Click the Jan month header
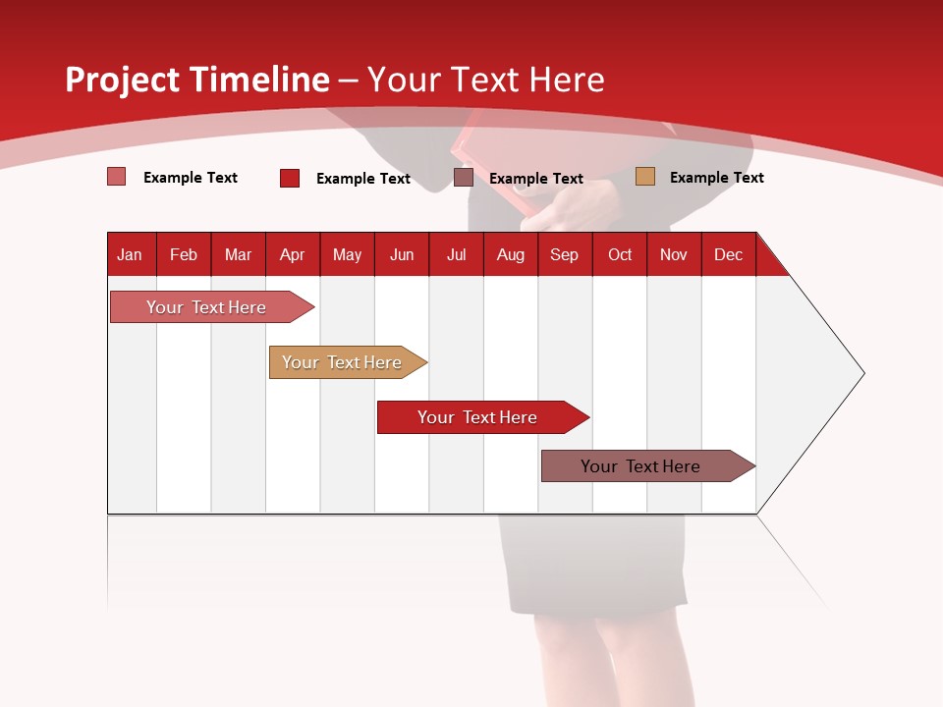[x=131, y=254]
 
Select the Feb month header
[x=184, y=254]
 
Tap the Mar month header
[x=238, y=254]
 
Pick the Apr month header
[x=293, y=254]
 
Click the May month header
[x=347, y=254]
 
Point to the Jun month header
[x=402, y=254]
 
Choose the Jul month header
[x=456, y=254]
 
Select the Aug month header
[x=511, y=254]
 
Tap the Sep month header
[x=565, y=254]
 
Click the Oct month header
[x=620, y=254]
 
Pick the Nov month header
[x=674, y=254]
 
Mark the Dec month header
[x=729, y=254]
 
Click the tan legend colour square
[x=645, y=177]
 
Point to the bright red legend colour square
[x=290, y=178]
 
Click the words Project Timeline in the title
[x=196, y=80]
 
